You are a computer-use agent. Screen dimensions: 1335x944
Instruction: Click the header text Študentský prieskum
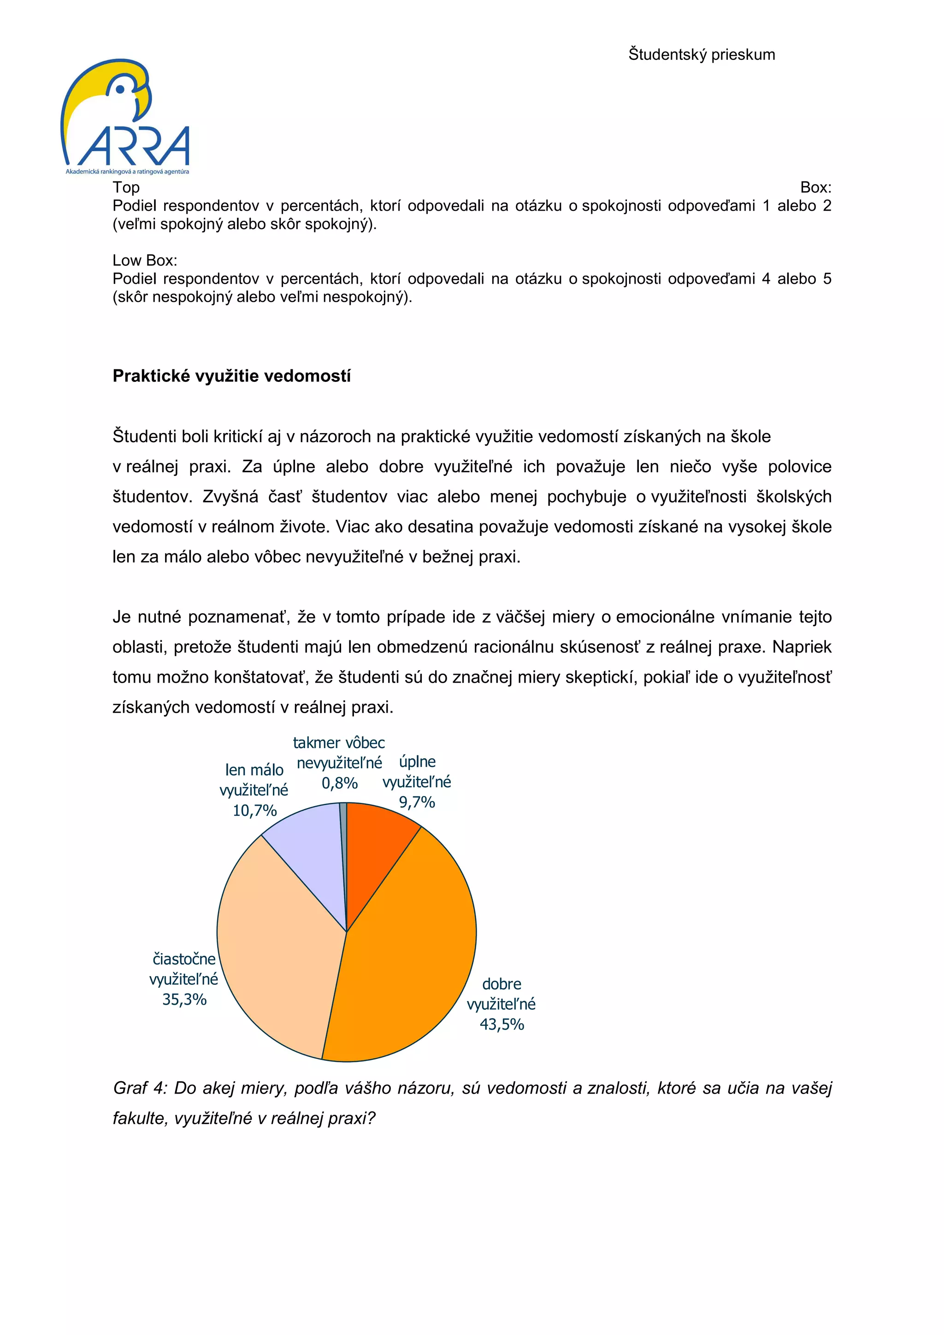[702, 55]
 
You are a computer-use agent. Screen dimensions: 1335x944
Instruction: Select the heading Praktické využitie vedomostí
[231, 376]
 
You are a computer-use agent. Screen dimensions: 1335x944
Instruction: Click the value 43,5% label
[501, 1025]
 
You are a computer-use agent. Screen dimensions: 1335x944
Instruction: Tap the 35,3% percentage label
[184, 1000]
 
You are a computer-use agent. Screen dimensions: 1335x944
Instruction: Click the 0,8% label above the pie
[340, 783]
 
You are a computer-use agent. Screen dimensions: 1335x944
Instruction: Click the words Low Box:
[145, 260]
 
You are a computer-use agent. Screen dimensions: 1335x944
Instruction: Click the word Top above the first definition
[126, 187]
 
